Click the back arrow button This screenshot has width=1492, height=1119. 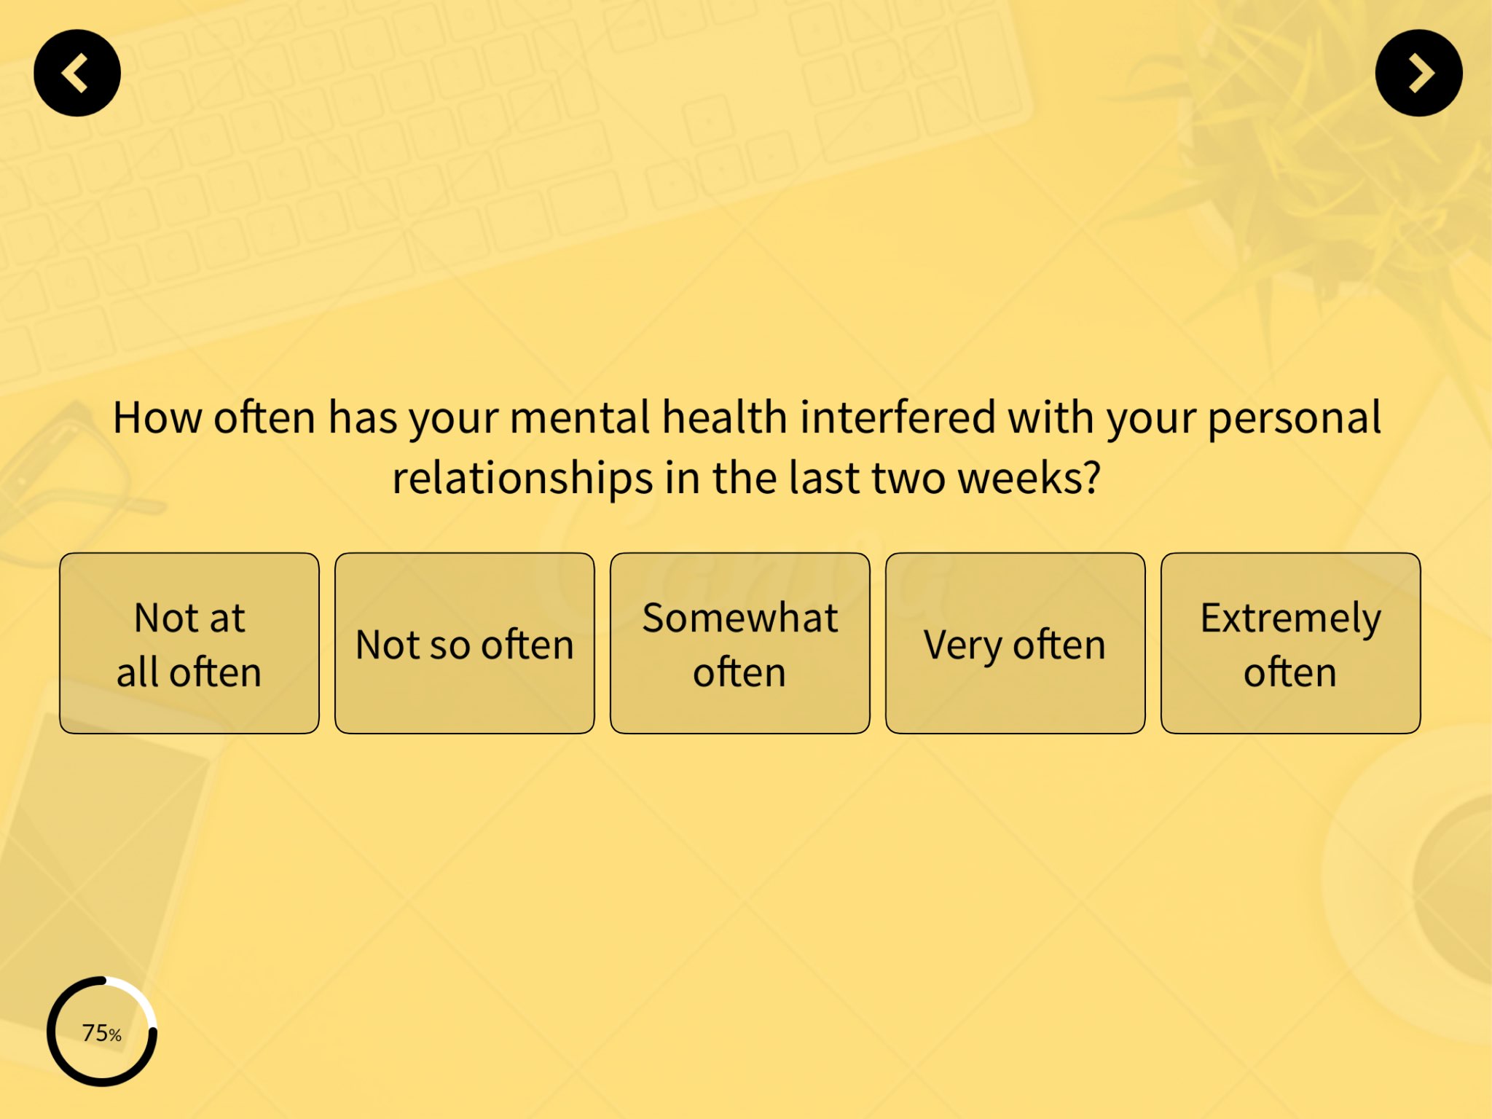[77, 73]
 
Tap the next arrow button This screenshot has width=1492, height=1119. [1418, 73]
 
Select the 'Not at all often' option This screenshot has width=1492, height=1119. [189, 643]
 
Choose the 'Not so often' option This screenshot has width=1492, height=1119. [465, 643]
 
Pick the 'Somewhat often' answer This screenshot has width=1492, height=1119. [740, 643]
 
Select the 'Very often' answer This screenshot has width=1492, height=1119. [1015, 643]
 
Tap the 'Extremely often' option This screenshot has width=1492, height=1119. [1290, 643]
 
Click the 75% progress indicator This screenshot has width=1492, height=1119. [102, 1032]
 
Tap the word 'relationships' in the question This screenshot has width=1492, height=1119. [522, 479]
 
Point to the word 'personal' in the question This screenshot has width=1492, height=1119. [1294, 419]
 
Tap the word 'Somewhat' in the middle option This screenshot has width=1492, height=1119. [740, 618]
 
